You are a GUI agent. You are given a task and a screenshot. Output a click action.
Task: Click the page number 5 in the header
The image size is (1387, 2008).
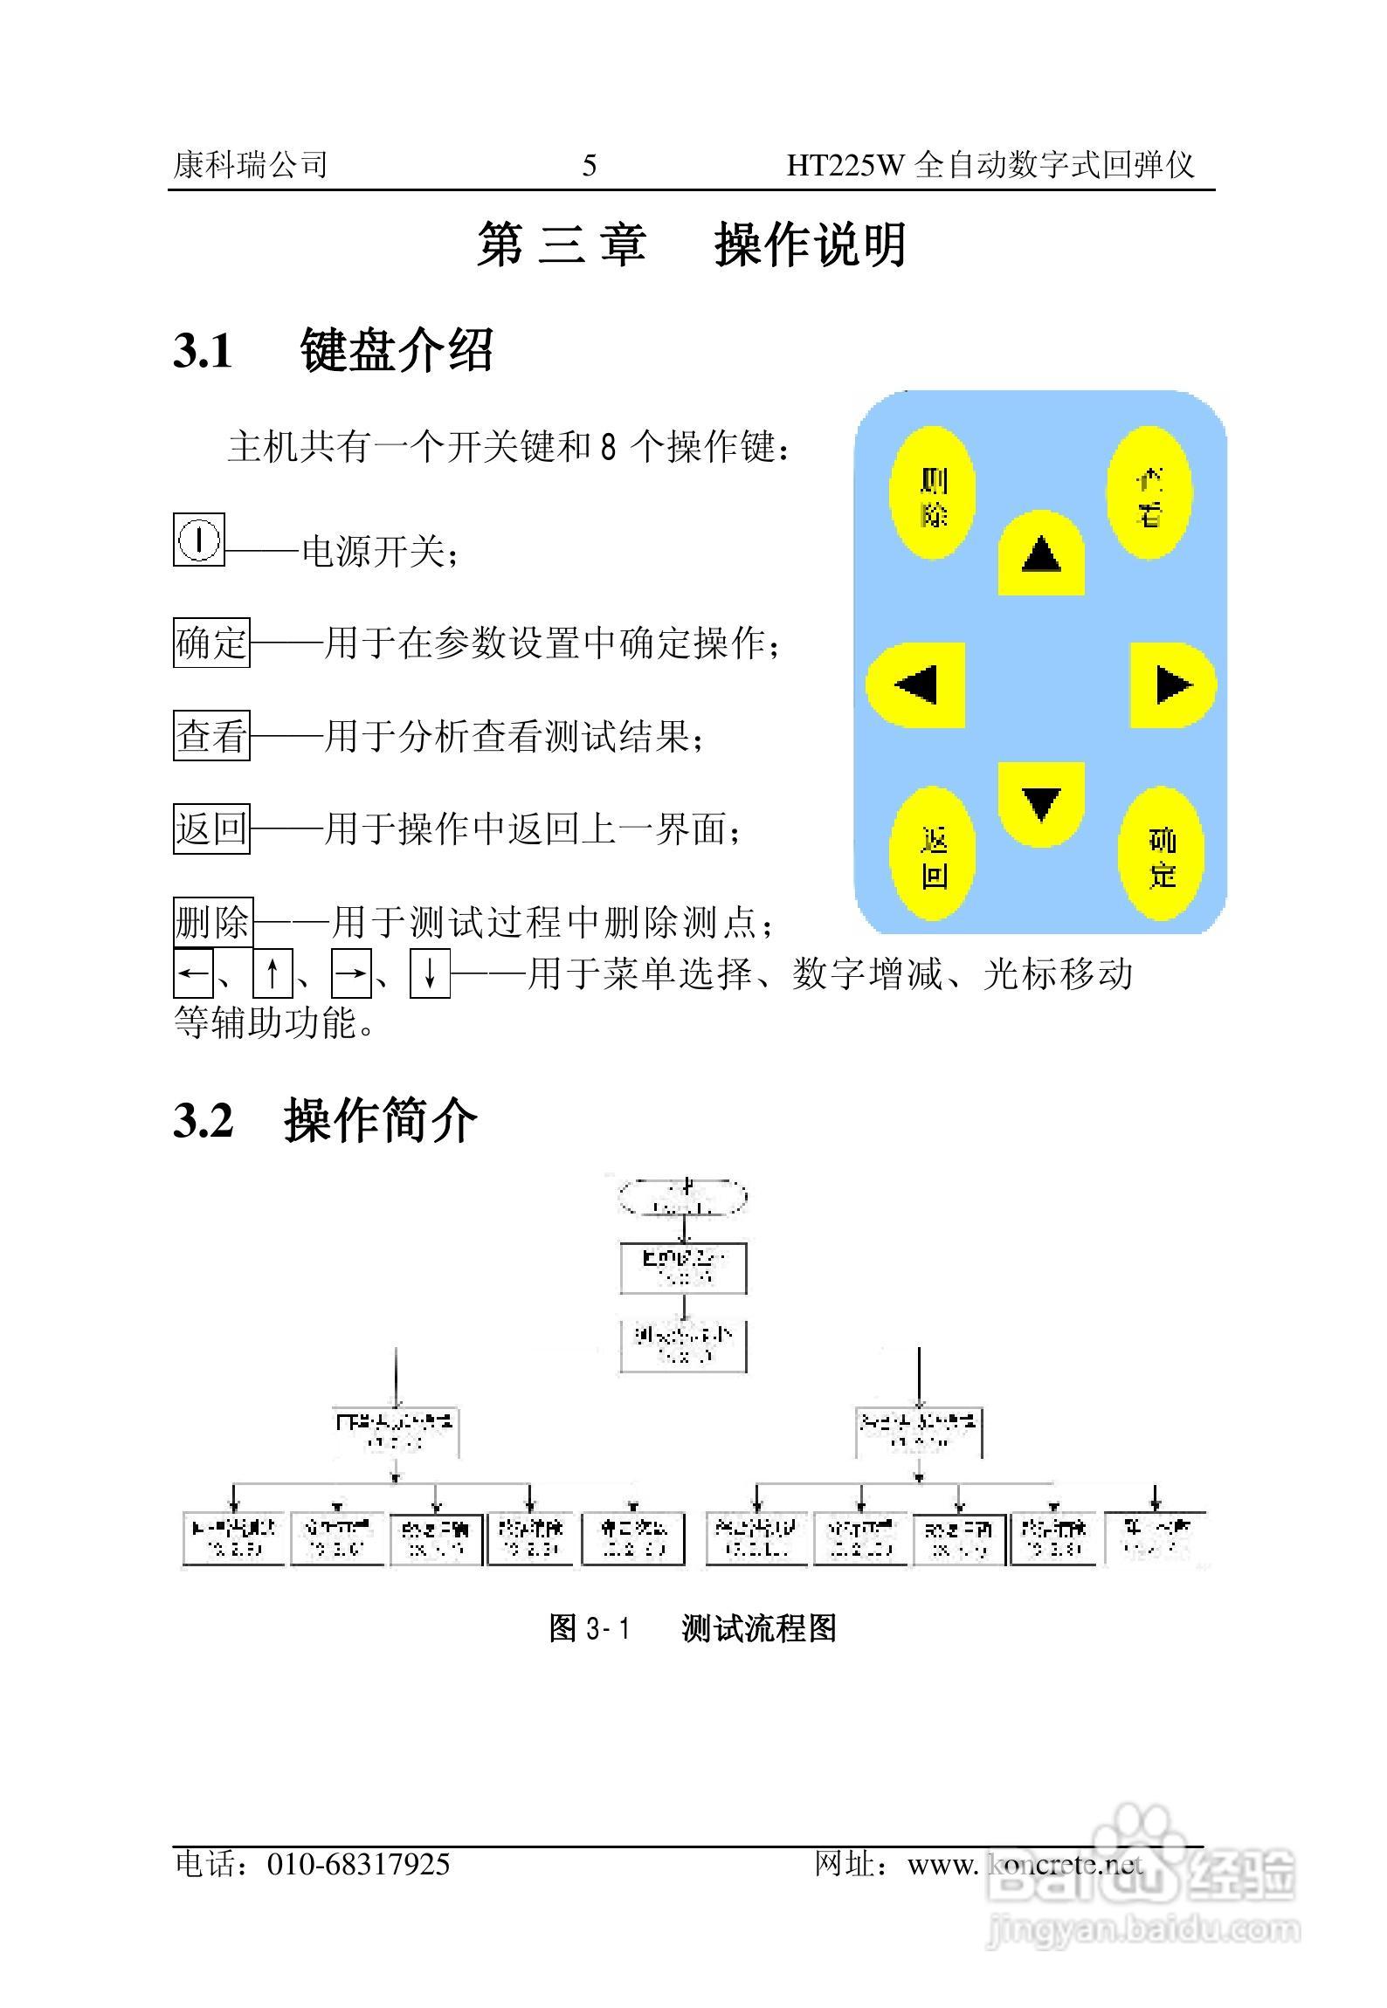(590, 165)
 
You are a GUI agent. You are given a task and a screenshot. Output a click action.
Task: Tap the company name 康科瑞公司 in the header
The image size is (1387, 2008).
(251, 164)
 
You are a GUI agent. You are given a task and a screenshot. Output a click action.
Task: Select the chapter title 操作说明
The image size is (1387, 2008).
(811, 244)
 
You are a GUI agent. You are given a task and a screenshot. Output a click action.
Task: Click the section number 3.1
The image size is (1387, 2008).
(203, 351)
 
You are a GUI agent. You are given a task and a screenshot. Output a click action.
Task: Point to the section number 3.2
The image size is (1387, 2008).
(203, 1120)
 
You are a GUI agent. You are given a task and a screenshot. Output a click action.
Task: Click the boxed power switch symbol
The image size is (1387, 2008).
(199, 540)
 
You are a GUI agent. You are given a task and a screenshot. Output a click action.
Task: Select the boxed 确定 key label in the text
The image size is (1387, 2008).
(211, 643)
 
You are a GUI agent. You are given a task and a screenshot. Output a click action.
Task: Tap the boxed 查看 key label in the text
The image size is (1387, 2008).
(211, 735)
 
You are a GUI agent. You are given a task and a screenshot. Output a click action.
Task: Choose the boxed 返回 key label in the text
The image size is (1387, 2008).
(211, 828)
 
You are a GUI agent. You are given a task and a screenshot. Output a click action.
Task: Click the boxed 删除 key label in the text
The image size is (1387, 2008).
(213, 921)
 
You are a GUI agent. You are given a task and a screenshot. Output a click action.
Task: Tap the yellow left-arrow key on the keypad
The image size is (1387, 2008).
(915, 685)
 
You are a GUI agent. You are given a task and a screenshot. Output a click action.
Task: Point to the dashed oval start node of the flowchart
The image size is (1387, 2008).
(683, 1197)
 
